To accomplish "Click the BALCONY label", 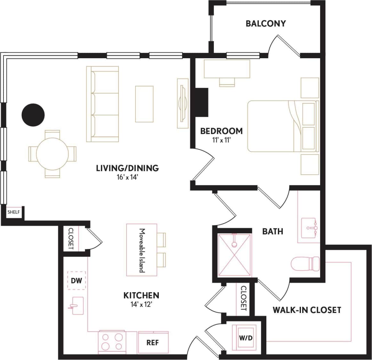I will point(265,23).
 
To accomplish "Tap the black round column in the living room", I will point(33,115).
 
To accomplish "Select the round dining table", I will point(52,154).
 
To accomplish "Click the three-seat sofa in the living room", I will point(102,104).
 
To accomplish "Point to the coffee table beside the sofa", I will point(144,104).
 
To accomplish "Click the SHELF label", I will point(13,212).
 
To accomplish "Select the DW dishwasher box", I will point(77,281).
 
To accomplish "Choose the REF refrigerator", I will point(153,342).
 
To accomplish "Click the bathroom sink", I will point(309,228).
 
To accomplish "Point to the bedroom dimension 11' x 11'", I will point(221,140).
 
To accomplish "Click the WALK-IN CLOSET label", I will point(306,310).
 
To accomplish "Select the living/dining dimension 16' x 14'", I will point(127,177).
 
